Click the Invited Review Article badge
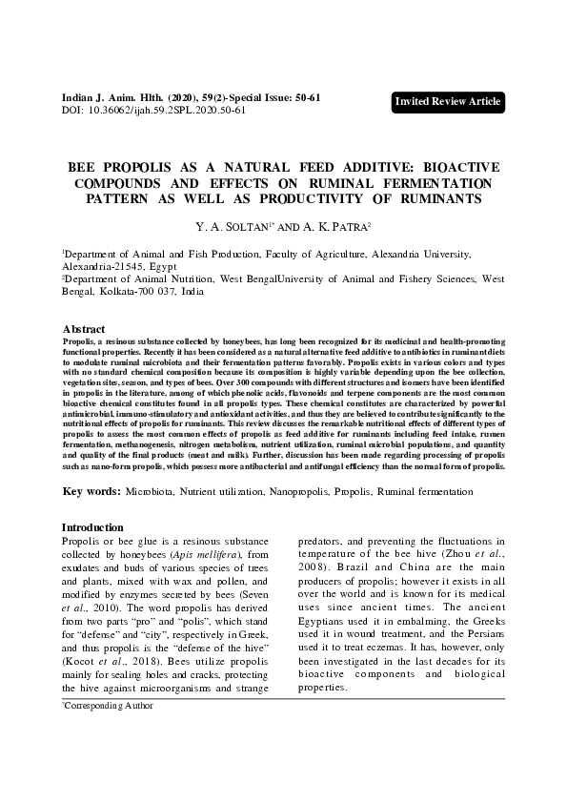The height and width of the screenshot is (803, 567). (448, 102)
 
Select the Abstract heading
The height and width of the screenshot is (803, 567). (84, 327)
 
